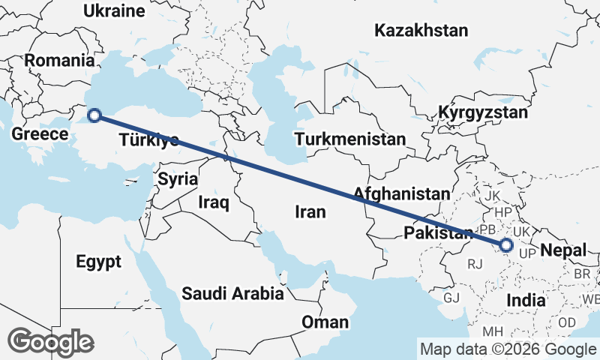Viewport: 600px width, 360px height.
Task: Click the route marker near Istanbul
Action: pyautogui.click(x=94, y=115)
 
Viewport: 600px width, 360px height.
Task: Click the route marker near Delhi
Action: pyautogui.click(x=506, y=244)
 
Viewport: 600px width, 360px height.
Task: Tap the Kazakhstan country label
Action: pyautogui.click(x=421, y=31)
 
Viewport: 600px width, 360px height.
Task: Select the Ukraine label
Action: pyautogui.click(x=114, y=10)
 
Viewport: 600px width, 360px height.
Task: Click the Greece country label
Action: pyautogui.click(x=40, y=134)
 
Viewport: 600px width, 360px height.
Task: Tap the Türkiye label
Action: pyautogui.click(x=148, y=140)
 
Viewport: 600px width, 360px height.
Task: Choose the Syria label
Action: pyautogui.click(x=178, y=179)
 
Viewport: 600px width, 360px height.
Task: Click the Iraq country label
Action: pyautogui.click(x=214, y=202)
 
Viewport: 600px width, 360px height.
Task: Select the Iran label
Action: pyautogui.click(x=310, y=212)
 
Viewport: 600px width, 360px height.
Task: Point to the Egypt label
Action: pyautogui.click(x=98, y=262)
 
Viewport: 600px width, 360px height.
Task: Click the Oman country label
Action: pyautogui.click(x=325, y=322)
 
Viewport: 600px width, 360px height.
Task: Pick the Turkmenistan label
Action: pyautogui.click(x=349, y=139)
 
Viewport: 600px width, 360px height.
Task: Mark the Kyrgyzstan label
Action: pyautogui.click(x=484, y=113)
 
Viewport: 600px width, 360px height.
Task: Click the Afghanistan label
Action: pyautogui.click(x=401, y=193)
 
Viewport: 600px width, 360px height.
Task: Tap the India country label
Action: pyautogui.click(x=526, y=300)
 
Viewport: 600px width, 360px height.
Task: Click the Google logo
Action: pyautogui.click(x=50, y=342)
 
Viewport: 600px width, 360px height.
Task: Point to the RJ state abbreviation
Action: pyautogui.click(x=475, y=264)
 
